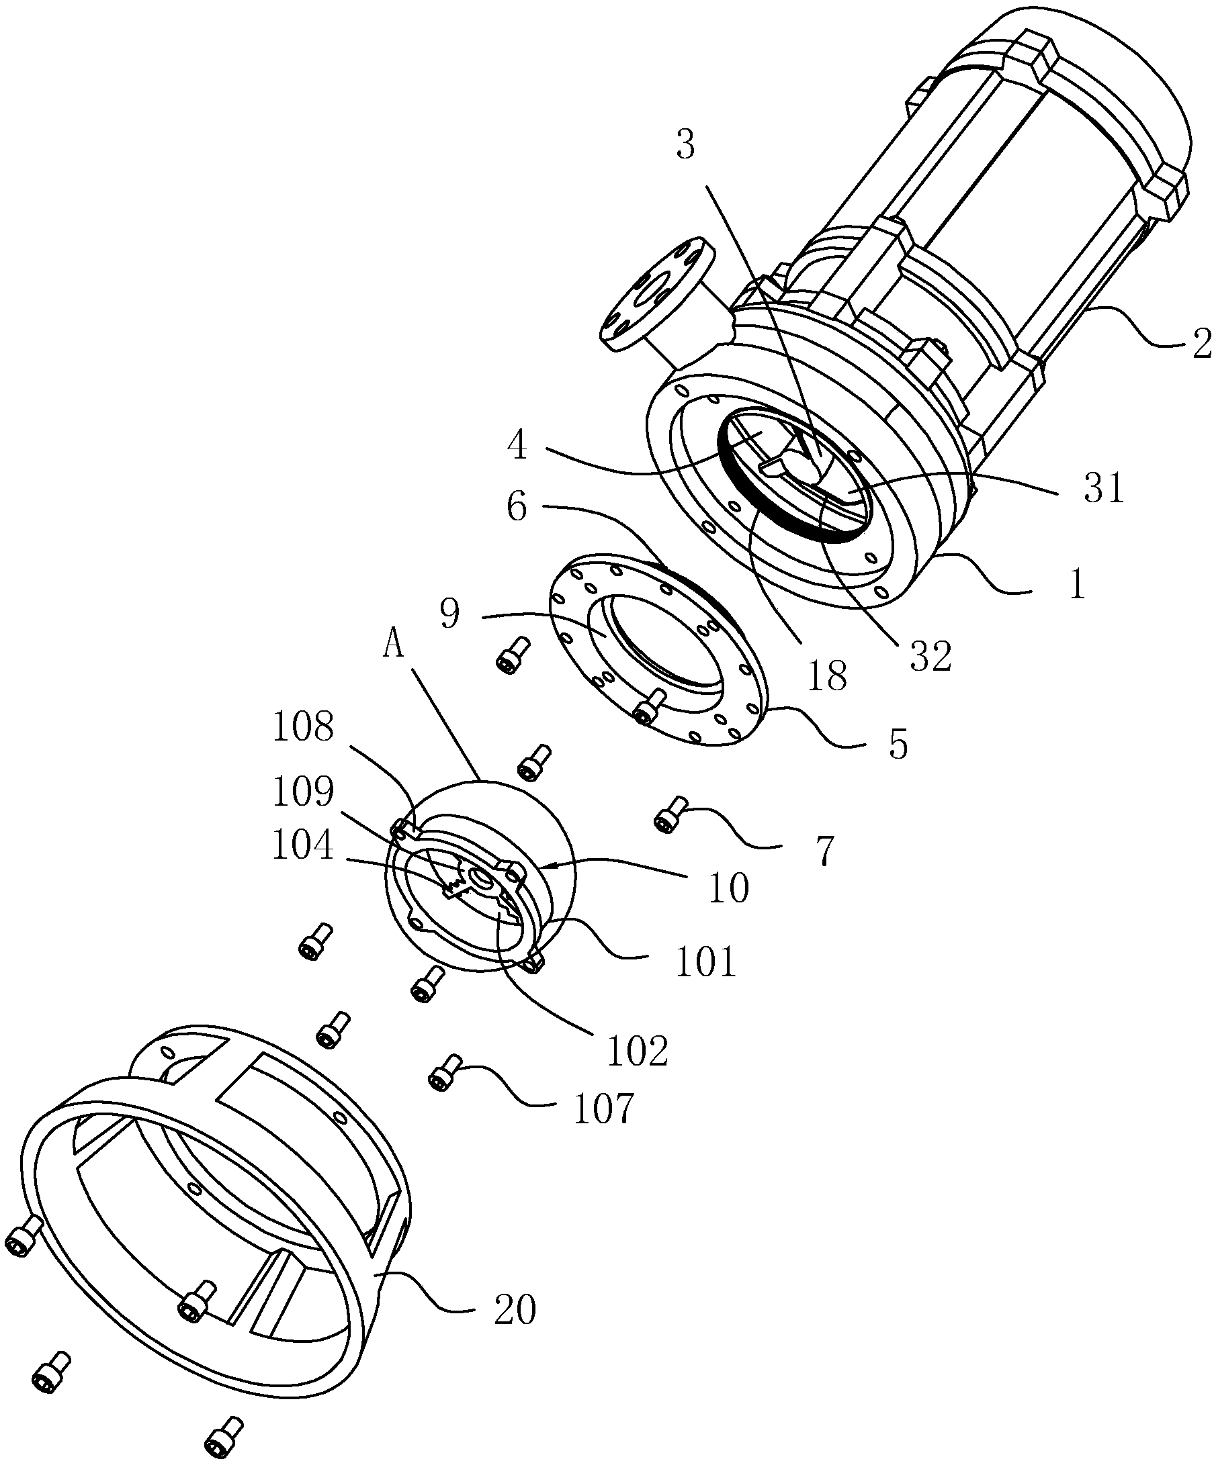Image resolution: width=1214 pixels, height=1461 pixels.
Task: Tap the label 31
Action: click(1104, 487)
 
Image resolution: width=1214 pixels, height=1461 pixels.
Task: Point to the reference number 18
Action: click(828, 674)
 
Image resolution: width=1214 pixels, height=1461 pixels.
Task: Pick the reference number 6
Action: click(517, 507)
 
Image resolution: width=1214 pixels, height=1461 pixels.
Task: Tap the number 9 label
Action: click(449, 614)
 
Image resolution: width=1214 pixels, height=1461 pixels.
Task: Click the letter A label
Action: click(394, 646)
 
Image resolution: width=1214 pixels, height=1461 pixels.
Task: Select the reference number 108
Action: click(304, 728)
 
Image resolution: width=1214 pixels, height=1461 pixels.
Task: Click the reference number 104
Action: click(304, 847)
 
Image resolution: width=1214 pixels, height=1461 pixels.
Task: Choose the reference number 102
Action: click(638, 1051)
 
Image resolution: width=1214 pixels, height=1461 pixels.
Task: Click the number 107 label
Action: click(603, 1109)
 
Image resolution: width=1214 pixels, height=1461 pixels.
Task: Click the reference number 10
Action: click(729, 888)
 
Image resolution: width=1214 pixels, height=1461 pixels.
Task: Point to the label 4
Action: click(517, 446)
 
